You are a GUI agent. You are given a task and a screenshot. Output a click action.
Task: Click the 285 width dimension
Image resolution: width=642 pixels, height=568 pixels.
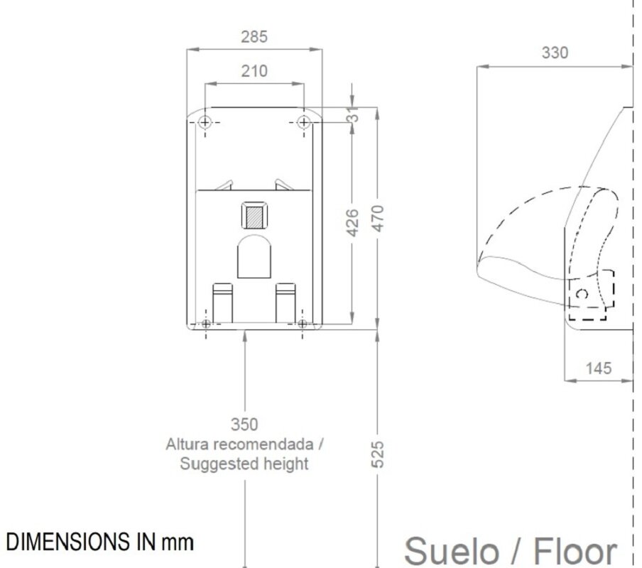coord(254,37)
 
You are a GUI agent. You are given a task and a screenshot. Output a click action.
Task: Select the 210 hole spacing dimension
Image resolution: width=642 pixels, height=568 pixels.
coord(254,71)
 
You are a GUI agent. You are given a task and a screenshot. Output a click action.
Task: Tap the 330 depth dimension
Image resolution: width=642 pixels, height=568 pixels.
coord(555,53)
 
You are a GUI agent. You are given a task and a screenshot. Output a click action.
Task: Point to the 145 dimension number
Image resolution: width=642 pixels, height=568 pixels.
coord(599,368)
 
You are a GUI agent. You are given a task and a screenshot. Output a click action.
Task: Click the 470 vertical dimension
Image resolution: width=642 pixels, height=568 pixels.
coord(379,219)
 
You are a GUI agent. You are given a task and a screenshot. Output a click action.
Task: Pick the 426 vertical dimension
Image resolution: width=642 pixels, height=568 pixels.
coord(352,223)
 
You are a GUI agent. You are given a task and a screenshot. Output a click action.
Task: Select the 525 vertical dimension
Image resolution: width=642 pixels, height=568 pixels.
coord(379,454)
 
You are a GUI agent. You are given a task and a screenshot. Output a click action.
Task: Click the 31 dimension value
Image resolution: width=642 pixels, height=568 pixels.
coord(353,115)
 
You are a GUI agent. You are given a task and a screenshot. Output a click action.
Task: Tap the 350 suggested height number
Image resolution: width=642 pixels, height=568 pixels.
coord(244,425)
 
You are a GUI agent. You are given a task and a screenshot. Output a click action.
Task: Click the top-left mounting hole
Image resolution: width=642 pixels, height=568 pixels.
coord(205,122)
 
